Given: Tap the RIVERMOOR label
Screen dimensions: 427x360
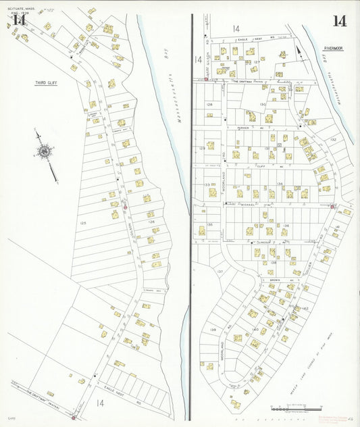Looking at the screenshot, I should [334, 49].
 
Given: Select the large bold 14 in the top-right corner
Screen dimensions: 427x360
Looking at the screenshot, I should [339, 21].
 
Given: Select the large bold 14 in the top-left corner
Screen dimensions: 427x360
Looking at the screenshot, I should [19, 19].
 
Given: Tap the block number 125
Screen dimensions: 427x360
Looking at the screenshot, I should [84, 222].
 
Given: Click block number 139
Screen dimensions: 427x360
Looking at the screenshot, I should [213, 330].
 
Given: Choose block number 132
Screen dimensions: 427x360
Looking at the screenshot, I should [333, 139].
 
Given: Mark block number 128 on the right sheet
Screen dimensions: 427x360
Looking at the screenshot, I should [209, 105].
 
